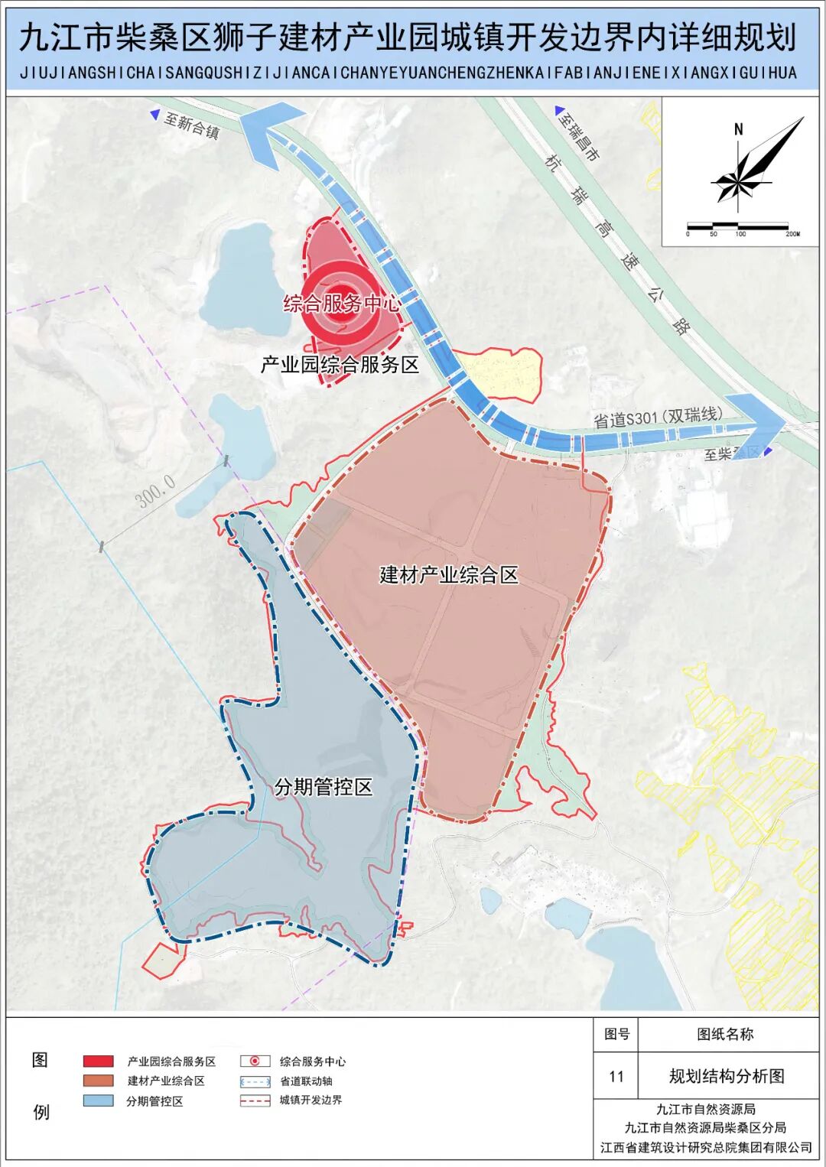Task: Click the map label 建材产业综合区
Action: click(x=449, y=574)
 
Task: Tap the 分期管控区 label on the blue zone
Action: click(x=324, y=787)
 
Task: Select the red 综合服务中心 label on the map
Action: click(x=342, y=304)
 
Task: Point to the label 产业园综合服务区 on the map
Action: click(x=340, y=365)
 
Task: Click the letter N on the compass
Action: click(x=738, y=129)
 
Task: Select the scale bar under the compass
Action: click(x=737, y=226)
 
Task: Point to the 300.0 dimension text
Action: click(x=156, y=491)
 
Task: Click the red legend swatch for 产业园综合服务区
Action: click(x=99, y=1061)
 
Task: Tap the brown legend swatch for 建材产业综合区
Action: click(x=99, y=1081)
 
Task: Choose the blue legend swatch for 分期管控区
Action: click(x=99, y=1101)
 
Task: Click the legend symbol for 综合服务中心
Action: click(x=255, y=1061)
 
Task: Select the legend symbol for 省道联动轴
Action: click(x=255, y=1081)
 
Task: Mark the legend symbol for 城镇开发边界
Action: click(x=255, y=1101)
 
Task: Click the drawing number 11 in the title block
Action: click(x=616, y=1077)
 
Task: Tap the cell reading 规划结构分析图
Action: click(x=727, y=1077)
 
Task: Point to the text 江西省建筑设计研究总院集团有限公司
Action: click(x=706, y=1147)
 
